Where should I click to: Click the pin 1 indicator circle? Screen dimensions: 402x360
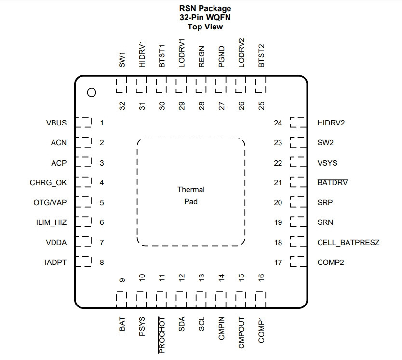click(x=92, y=92)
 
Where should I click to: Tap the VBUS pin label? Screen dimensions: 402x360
click(x=56, y=123)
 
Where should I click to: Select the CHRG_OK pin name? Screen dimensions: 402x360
click(x=48, y=183)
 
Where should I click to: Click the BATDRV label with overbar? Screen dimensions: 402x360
click(x=332, y=182)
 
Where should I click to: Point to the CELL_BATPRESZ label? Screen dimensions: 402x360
click(x=348, y=242)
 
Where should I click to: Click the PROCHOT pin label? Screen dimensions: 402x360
click(x=161, y=335)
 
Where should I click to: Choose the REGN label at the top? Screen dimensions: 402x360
click(x=201, y=57)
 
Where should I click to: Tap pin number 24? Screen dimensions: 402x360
click(x=278, y=123)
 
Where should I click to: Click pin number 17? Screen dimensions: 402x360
click(x=278, y=262)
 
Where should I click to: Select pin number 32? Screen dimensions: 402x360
click(x=122, y=106)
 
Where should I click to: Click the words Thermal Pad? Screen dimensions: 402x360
click(x=191, y=195)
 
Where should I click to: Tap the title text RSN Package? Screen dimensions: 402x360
click(x=205, y=8)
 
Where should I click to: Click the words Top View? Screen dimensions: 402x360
click(x=205, y=27)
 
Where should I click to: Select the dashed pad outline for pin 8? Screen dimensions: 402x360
click(x=83, y=262)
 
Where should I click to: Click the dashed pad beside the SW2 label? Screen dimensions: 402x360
click(x=298, y=142)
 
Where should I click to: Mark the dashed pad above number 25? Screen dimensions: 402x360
click(x=260, y=84)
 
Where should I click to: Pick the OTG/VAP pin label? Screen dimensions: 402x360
click(x=50, y=203)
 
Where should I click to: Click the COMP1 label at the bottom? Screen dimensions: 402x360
click(x=261, y=330)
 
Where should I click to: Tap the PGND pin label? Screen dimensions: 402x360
click(x=221, y=57)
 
